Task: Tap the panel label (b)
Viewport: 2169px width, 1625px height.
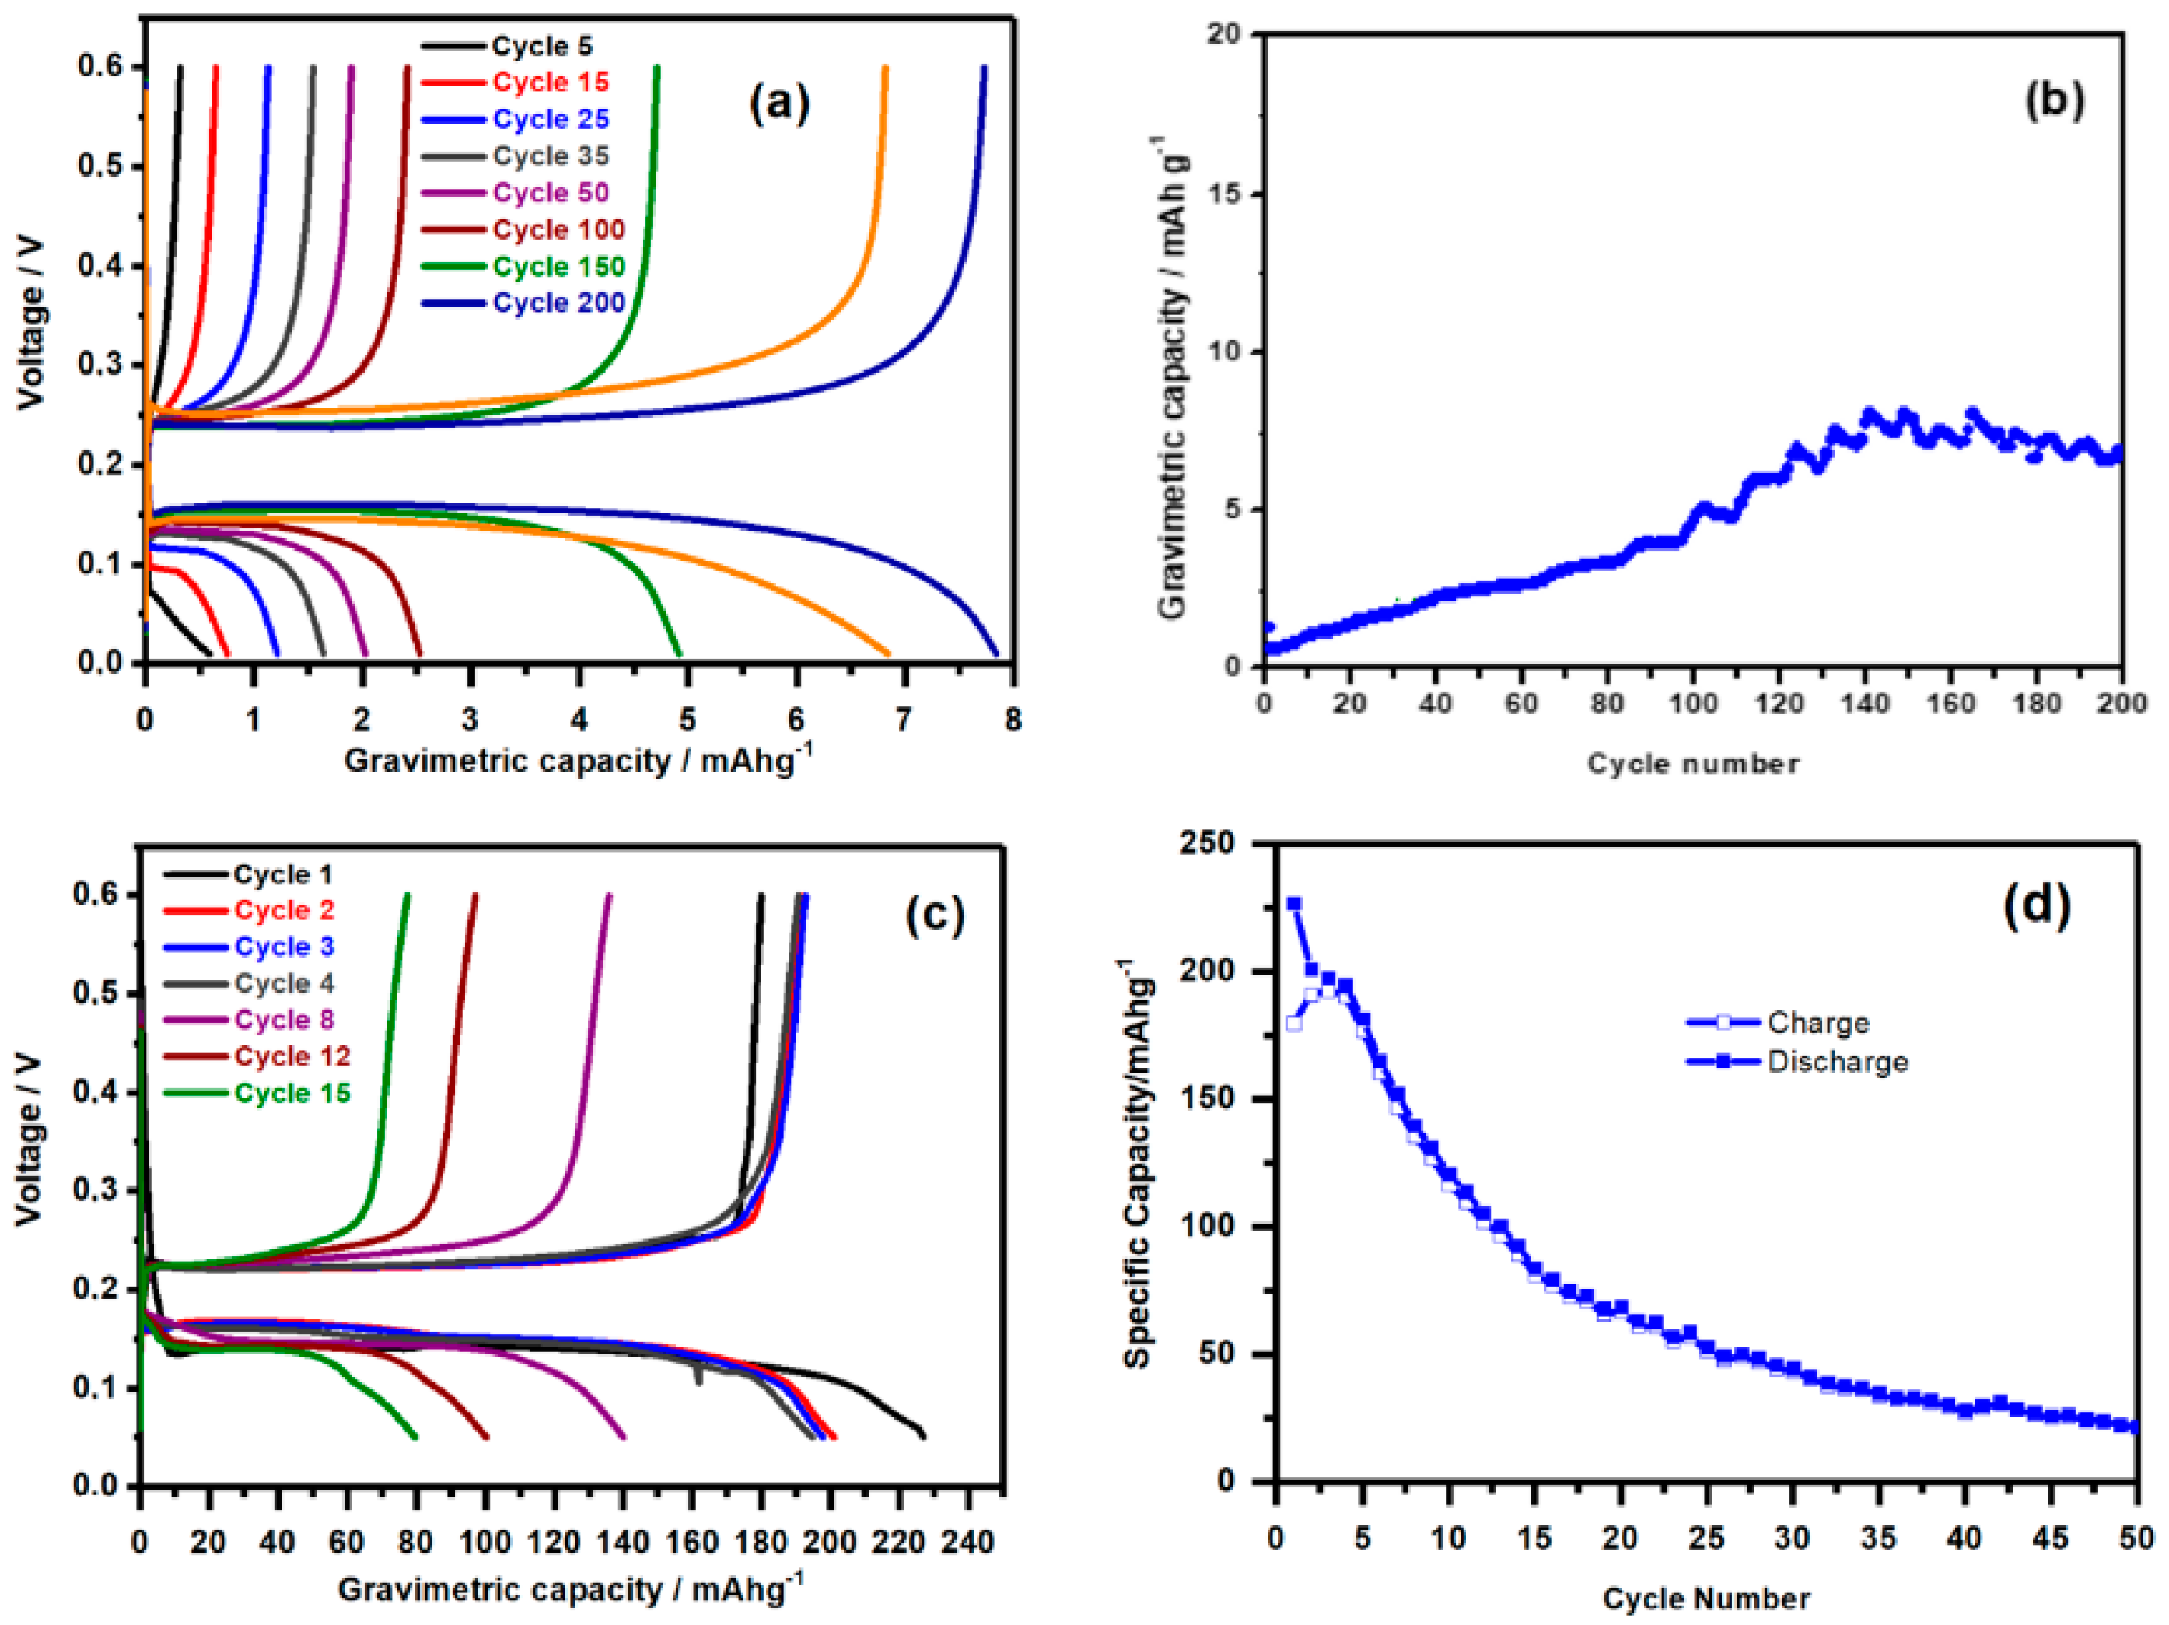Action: tap(2053, 101)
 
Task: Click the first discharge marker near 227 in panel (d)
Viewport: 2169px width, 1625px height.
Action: tap(1293, 903)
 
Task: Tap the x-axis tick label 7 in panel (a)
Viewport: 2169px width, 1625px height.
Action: tap(903, 721)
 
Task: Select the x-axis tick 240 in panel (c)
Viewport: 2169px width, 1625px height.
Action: tap(967, 1543)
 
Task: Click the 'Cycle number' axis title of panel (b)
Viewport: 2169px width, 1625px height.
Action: tap(1692, 764)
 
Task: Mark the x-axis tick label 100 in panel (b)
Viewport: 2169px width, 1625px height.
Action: tap(1692, 703)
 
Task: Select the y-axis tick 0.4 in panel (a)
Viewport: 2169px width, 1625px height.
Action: tap(101, 266)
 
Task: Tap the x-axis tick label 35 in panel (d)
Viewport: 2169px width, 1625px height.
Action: tap(1878, 1539)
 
